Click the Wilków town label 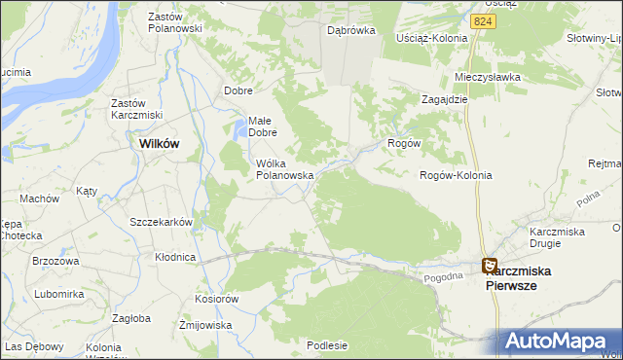tap(159, 142)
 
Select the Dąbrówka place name tap(351, 30)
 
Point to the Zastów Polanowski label tap(174, 22)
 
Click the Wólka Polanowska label tap(283, 169)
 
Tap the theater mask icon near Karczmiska tap(489, 264)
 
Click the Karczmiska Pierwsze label tap(523, 278)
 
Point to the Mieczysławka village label tap(488, 76)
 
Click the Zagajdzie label tap(446, 99)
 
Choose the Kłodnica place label tap(175, 258)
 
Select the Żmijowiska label tap(203, 325)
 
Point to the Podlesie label tap(326, 344)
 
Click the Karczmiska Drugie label tap(556, 237)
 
